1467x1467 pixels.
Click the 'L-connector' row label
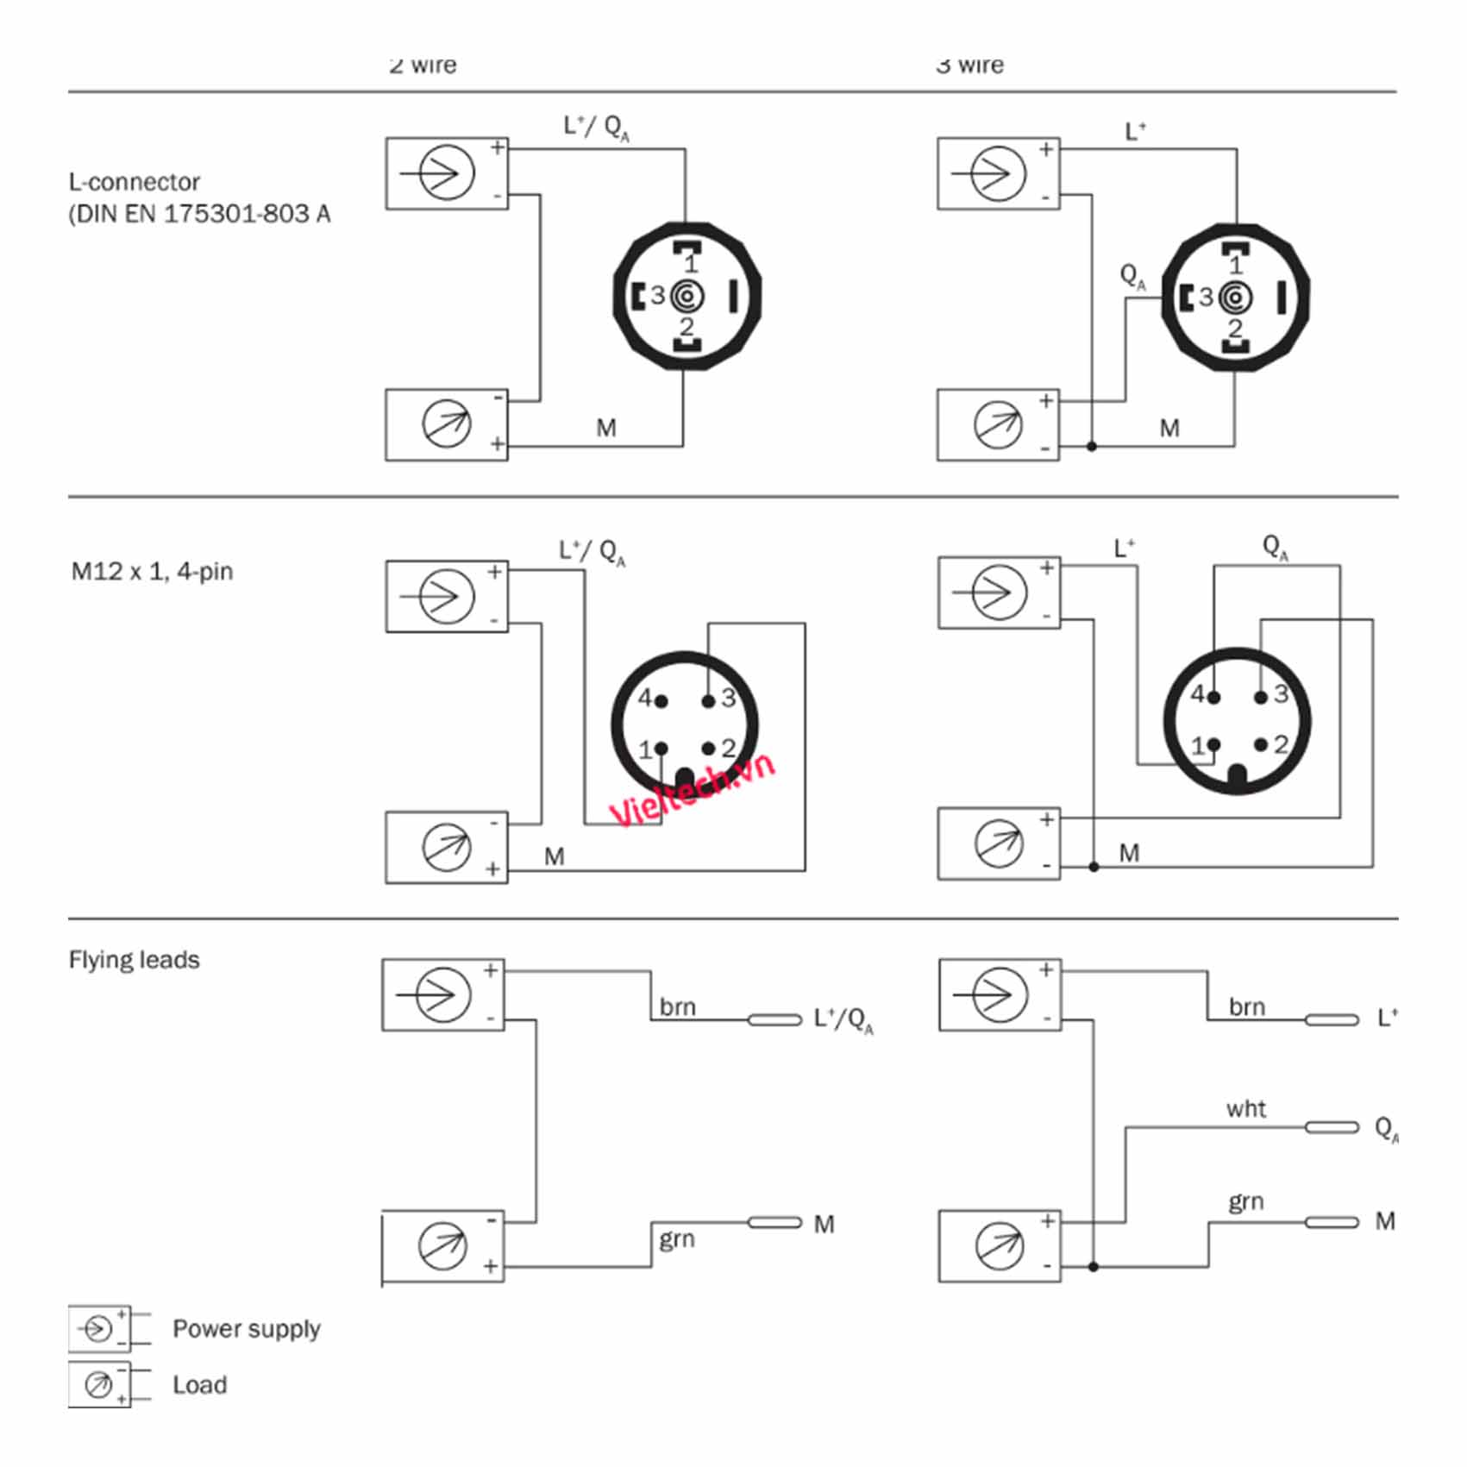pyautogui.click(x=135, y=183)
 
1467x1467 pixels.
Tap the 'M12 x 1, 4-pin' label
pyautogui.click(x=152, y=572)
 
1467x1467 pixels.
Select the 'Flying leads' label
pyautogui.click(x=134, y=960)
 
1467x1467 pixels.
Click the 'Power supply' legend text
pyautogui.click(x=246, y=1329)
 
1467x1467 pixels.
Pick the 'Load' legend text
pyautogui.click(x=199, y=1385)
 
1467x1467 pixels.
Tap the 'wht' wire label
pyautogui.click(x=1245, y=1109)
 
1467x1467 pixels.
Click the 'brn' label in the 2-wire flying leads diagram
pyautogui.click(x=677, y=1007)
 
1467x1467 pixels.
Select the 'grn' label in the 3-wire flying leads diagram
pyautogui.click(x=1245, y=1201)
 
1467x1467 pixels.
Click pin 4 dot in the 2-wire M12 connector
pyautogui.click(x=661, y=701)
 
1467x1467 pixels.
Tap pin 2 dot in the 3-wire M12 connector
pyautogui.click(x=1261, y=743)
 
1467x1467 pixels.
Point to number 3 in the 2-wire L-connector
pyautogui.click(x=658, y=296)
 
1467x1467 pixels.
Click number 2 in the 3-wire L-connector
pyautogui.click(x=1235, y=328)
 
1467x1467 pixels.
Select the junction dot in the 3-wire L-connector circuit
pyautogui.click(x=1092, y=447)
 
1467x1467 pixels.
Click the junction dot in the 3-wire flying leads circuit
pyautogui.click(x=1093, y=1267)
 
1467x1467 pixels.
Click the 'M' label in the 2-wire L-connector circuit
pyautogui.click(x=606, y=428)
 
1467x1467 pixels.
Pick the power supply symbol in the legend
pyautogui.click(x=97, y=1328)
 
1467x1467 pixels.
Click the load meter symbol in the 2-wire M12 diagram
pyautogui.click(x=447, y=847)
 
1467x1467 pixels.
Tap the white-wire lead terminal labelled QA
pyautogui.click(x=1332, y=1127)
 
